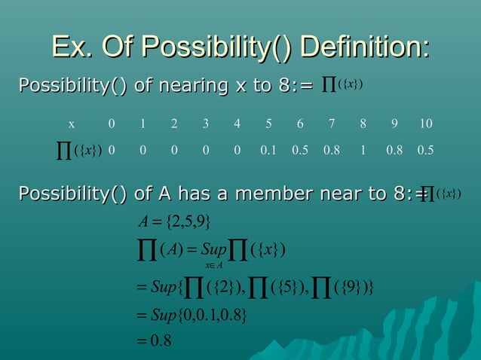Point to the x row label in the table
[72, 124]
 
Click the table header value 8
[363, 124]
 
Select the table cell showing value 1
[363, 150]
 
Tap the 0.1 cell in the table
[268, 150]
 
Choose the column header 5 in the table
[268, 124]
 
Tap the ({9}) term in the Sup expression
[348, 285]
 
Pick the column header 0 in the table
[112, 124]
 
